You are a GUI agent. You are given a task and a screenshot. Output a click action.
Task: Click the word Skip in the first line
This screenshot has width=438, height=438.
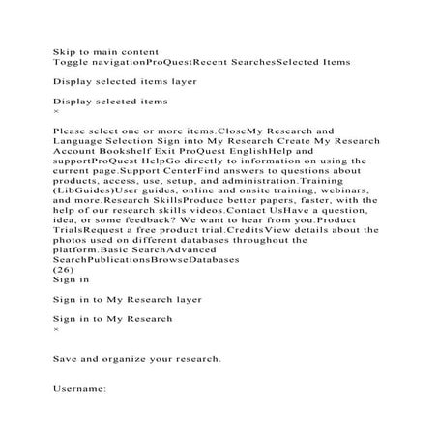pos(64,47)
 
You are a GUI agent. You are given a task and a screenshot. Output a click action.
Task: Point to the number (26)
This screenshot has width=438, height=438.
pos(63,271)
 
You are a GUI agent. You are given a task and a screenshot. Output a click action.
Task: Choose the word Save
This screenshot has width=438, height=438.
pos(68,358)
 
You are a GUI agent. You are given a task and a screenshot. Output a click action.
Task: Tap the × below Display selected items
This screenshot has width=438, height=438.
pos(56,112)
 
